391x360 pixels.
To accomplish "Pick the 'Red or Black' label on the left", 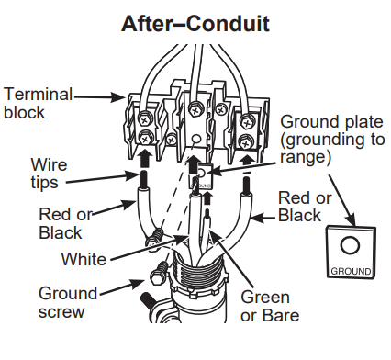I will [x=66, y=223].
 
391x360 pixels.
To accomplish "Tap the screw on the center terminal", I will [x=195, y=111].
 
